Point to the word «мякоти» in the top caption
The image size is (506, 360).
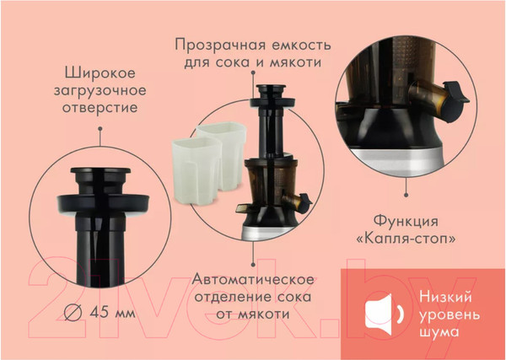tap(294, 62)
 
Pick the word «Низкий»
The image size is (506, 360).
tap(445, 296)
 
